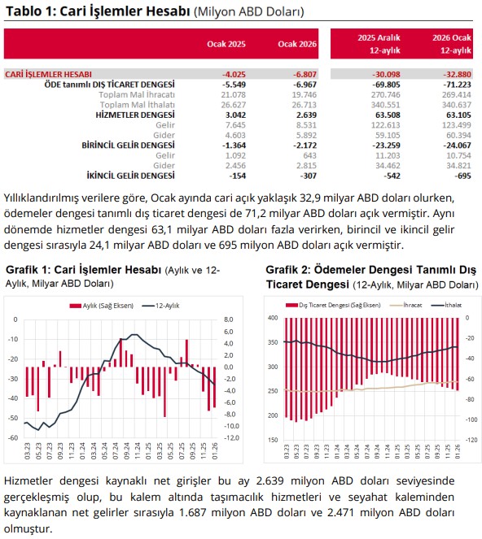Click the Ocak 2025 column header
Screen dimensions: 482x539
(226, 44)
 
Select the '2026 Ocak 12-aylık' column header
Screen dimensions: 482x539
(452, 44)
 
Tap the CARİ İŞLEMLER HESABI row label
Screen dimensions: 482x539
(49, 74)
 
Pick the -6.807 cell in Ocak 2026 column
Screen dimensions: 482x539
(305, 74)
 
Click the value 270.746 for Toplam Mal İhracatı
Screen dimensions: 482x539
(386, 94)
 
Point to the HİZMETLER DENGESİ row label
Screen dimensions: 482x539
(135, 115)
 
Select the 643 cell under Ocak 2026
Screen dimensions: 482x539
(310, 155)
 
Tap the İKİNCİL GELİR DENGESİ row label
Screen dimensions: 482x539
(130, 176)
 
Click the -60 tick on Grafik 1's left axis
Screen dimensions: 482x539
(13, 438)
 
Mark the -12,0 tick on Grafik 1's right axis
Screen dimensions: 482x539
(231, 438)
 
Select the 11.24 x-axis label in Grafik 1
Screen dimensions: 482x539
(138, 450)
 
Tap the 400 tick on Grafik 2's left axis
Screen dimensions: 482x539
(273, 318)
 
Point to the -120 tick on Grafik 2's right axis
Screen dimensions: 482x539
(471, 440)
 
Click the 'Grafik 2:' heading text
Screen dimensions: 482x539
(288, 270)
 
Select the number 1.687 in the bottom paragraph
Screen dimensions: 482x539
(193, 512)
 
